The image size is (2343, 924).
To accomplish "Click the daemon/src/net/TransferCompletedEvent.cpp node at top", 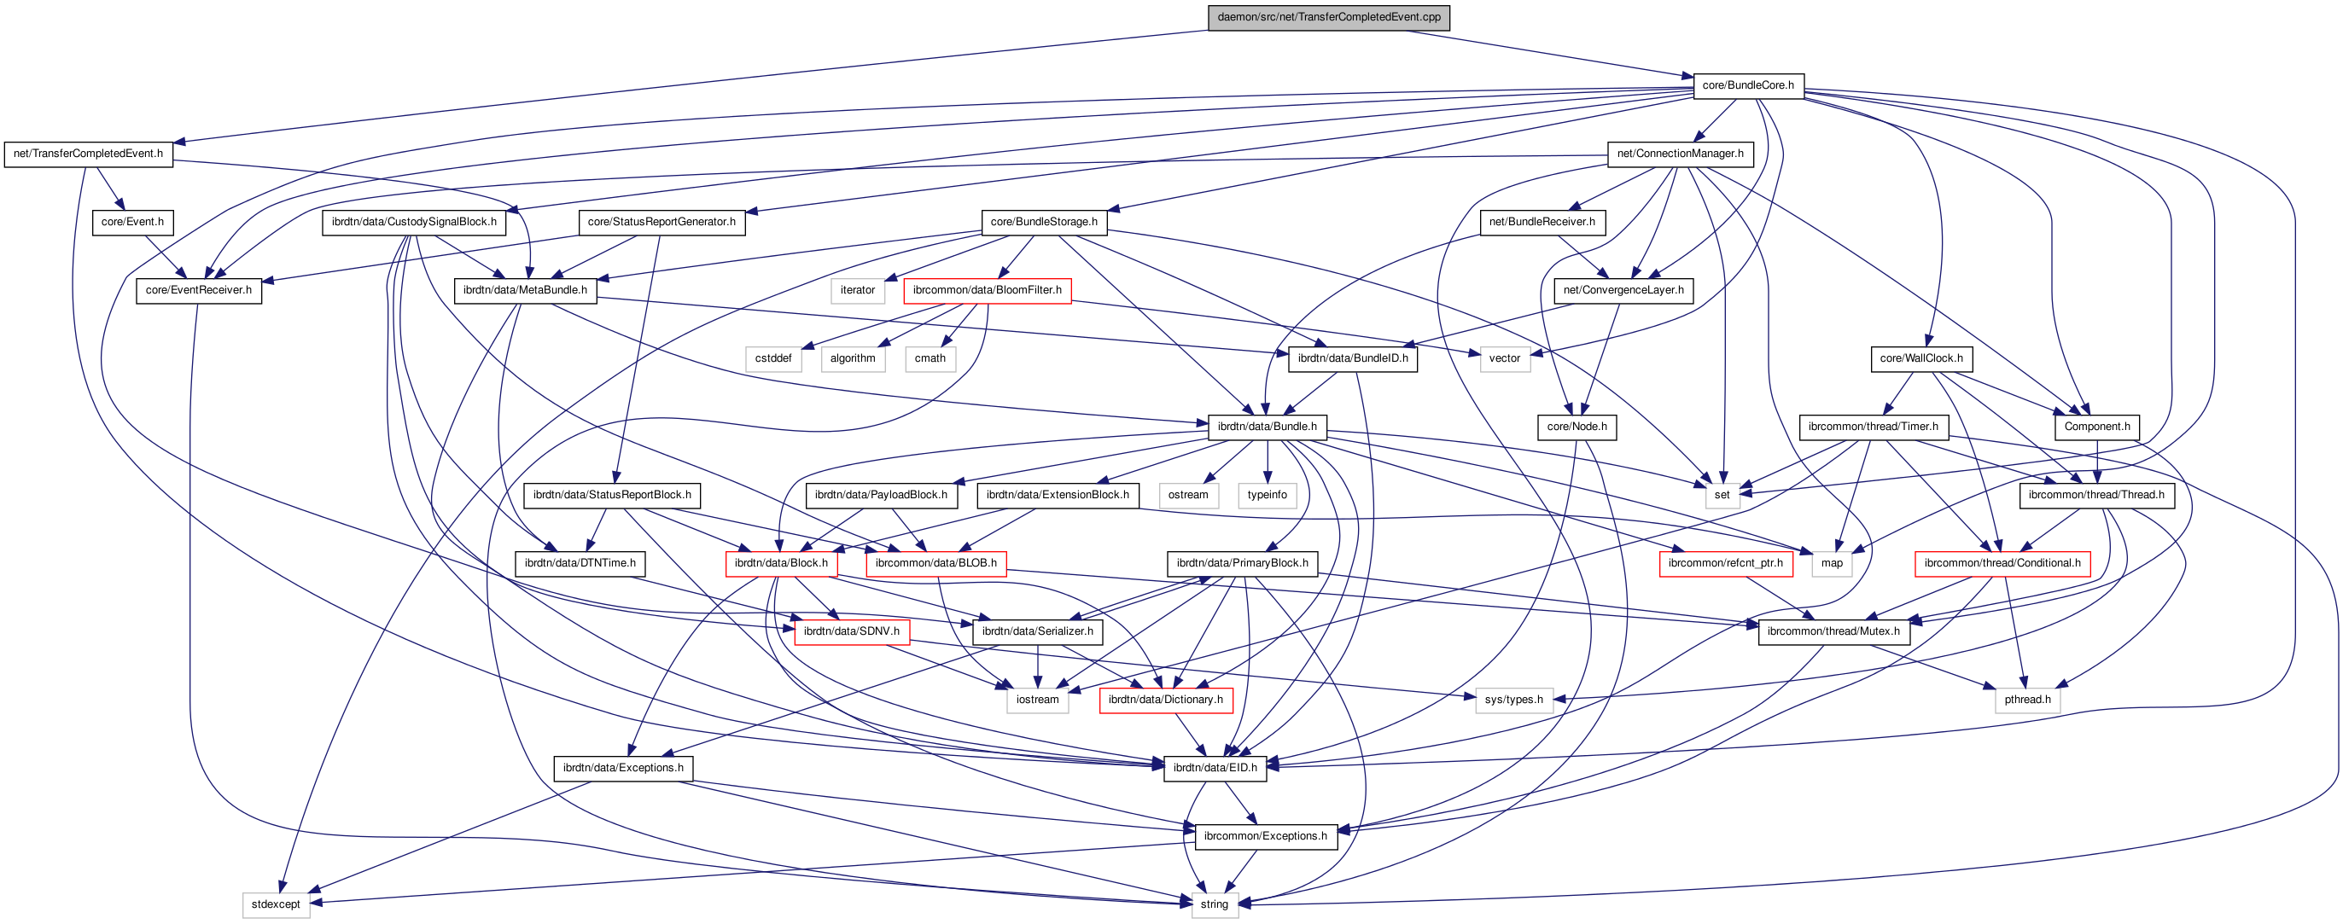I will [1328, 17].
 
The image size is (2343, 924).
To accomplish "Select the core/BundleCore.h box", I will [1747, 85].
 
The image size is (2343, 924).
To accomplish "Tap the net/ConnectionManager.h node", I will [1679, 154].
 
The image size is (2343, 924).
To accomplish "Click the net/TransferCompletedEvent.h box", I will [88, 154].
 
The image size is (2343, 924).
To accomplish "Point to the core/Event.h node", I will [133, 222].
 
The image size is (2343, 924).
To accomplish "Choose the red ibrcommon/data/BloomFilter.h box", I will [987, 290].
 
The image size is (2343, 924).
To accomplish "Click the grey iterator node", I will [857, 290].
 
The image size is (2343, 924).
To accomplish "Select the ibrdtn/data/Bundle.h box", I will [1266, 427].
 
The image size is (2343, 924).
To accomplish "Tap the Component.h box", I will [2095, 427].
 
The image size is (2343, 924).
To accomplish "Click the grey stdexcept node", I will [276, 904].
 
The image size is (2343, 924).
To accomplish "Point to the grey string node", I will [1214, 904].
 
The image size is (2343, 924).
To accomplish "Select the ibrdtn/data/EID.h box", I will [1215, 768].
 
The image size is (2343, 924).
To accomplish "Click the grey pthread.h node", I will [2026, 700].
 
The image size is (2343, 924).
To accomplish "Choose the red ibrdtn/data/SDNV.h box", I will [850, 631].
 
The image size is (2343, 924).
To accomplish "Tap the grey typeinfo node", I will [1266, 495].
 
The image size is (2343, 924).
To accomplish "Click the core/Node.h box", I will [1577, 427].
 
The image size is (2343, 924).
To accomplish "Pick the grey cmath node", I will [930, 358].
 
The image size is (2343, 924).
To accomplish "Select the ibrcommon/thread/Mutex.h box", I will [1833, 631].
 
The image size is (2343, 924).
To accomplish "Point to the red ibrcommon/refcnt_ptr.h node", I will [1724, 563].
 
